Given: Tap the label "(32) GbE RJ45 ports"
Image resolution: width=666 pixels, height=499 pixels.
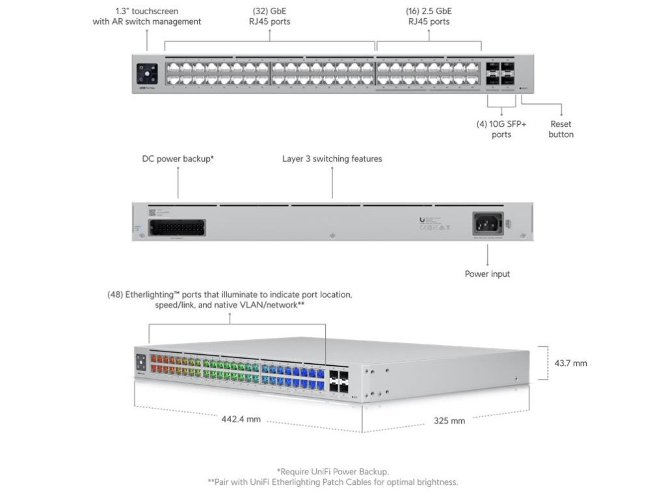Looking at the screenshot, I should tap(271, 16).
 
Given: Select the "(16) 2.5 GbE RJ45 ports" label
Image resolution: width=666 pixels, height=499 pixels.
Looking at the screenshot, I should tap(429, 16).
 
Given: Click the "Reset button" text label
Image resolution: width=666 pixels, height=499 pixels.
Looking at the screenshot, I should tap(561, 129).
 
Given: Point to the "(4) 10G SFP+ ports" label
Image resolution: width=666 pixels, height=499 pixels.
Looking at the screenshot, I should tap(501, 129).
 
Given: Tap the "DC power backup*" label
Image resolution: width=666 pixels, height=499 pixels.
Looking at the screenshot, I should tap(178, 159).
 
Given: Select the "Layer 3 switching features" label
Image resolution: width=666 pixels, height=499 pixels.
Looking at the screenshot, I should tap(332, 159).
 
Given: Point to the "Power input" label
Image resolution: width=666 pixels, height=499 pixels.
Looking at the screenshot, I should tap(487, 274).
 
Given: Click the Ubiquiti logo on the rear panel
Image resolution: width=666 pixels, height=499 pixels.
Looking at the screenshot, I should tap(423, 221).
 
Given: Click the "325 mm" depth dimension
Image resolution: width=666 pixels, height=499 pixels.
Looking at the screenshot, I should tap(449, 420).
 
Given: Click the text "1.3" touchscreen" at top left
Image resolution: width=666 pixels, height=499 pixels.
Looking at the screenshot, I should tap(146, 11).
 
